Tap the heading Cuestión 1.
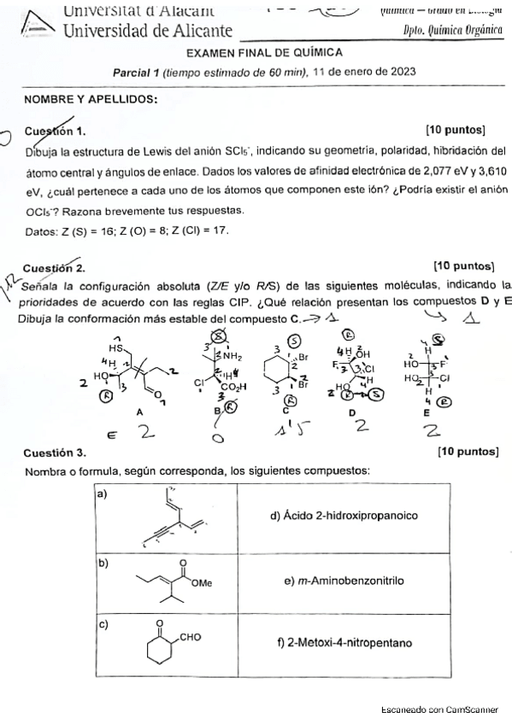point(56,131)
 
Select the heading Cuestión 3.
point(56,451)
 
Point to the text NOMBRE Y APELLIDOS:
point(91,99)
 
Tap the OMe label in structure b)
point(203,582)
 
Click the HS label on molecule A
point(115,348)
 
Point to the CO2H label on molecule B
point(232,387)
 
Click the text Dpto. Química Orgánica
point(453,31)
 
